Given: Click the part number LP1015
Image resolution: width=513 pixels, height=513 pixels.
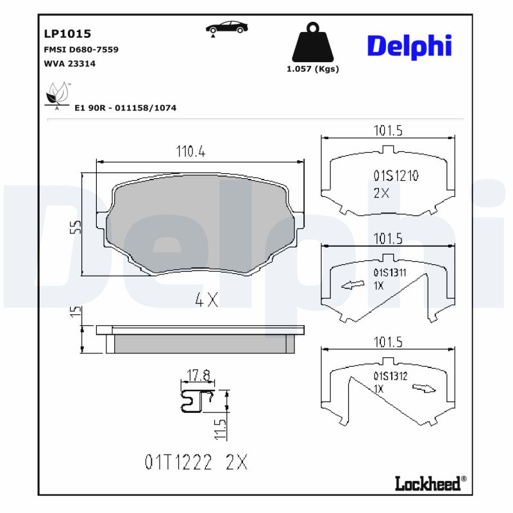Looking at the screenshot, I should pos(67,33).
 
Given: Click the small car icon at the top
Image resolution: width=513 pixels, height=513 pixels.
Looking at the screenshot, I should pos(228,28).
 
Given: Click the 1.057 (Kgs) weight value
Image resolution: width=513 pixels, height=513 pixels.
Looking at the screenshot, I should pos(312,69).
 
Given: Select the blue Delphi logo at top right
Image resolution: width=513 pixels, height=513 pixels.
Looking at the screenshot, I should pos(409,46).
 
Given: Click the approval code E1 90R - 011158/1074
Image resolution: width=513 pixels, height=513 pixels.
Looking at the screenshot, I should pos(125,108).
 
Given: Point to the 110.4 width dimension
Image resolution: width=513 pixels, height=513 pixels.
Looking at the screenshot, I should pos(190,152).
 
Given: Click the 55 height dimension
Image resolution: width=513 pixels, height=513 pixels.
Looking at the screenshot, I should pos(75,226).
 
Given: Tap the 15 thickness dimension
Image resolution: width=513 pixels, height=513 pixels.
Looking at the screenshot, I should pos(75,312).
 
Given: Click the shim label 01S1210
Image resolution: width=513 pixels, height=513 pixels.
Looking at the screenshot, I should pos(396,176).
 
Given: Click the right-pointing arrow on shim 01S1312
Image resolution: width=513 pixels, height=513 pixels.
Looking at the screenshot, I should pos(424,388).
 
